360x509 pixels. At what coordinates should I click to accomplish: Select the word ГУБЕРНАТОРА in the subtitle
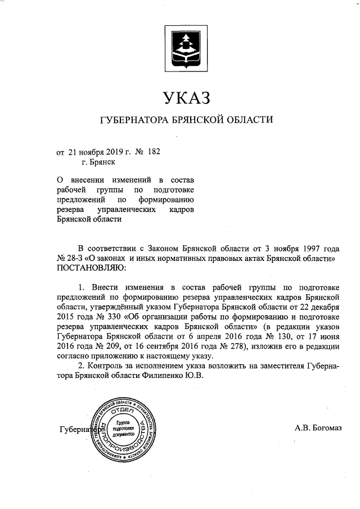tap(131, 120)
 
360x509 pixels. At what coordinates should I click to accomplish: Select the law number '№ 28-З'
tap(70, 258)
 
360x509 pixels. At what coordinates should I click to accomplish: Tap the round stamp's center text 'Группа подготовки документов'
tap(123, 429)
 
